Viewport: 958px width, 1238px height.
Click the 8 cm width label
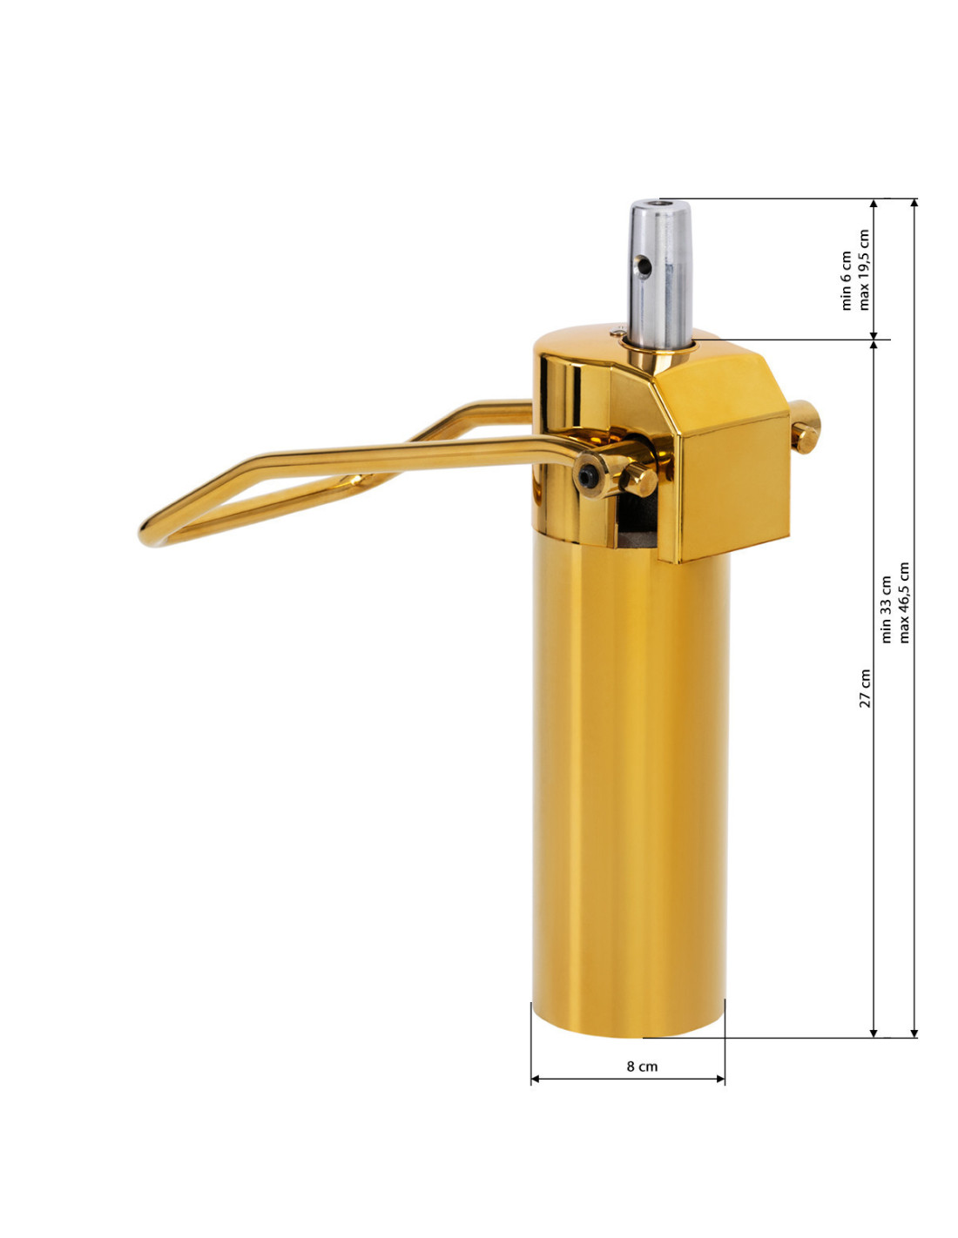tap(642, 1066)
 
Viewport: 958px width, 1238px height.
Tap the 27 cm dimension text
tap(865, 688)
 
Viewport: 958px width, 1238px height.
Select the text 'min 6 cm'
tap(847, 280)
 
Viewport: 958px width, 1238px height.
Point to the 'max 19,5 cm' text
tap(864, 270)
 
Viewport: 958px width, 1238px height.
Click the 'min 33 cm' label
tap(887, 609)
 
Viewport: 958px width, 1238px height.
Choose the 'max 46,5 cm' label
tap(904, 602)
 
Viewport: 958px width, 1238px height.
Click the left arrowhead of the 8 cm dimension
tap(535, 1079)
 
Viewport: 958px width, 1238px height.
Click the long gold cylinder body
tap(629, 784)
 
